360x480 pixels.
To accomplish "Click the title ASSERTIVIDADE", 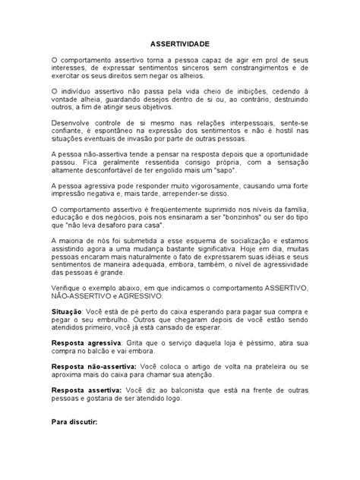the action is (180, 46).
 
